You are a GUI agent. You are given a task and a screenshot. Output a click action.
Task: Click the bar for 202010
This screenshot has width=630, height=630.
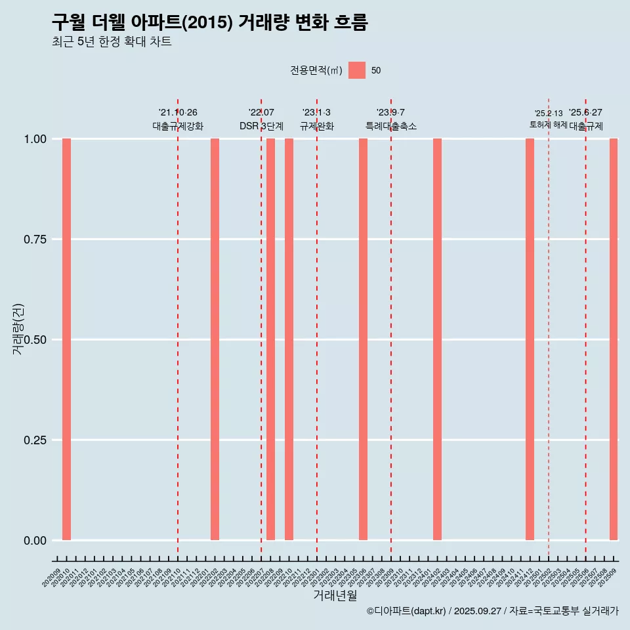point(66,339)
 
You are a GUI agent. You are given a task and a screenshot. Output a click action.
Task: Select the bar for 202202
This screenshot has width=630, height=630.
point(215,339)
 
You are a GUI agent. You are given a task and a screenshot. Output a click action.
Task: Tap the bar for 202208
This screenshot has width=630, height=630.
point(270,339)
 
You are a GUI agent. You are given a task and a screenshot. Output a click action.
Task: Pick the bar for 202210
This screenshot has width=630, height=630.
point(289,339)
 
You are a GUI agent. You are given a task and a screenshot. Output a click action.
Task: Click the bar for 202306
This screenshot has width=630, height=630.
point(363,339)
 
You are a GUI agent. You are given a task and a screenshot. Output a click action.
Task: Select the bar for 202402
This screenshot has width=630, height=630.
point(437,339)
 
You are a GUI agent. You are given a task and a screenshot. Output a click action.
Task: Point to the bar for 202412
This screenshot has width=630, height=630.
point(530,339)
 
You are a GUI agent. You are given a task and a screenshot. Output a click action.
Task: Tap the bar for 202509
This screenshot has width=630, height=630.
point(614,339)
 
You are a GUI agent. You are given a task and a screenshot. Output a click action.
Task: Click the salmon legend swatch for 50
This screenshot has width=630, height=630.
point(357,70)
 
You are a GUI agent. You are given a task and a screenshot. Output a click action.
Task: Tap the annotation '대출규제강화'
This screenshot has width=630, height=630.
point(178,127)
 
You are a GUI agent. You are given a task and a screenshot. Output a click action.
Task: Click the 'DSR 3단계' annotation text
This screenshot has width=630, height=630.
point(261,127)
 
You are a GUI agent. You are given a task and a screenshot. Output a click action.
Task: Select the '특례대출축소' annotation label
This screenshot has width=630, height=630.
point(391,127)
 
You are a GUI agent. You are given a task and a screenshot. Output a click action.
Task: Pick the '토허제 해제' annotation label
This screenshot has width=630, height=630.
point(548,125)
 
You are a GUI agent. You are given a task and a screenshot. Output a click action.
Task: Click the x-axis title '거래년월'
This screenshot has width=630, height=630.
point(335,596)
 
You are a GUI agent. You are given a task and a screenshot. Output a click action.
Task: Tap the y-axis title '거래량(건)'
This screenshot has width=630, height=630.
point(18,329)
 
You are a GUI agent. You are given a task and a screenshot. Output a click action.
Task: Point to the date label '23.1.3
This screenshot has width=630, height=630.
point(316,113)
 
